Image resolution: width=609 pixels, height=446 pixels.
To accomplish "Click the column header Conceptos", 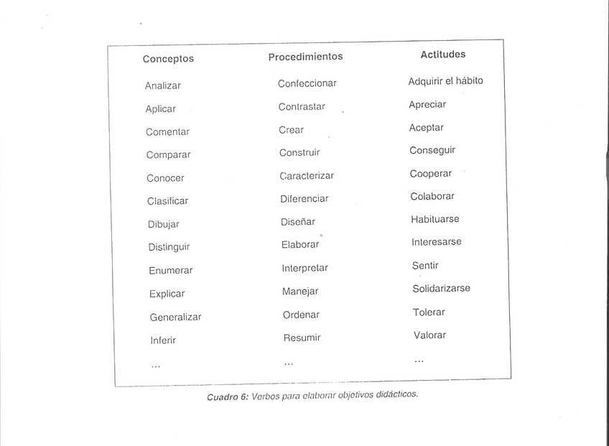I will click(x=168, y=59).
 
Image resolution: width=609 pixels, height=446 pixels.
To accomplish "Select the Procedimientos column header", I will click(x=305, y=56).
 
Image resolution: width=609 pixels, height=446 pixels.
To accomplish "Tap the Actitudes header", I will click(x=442, y=54).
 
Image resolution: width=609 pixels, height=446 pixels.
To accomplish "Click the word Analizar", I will click(x=162, y=85).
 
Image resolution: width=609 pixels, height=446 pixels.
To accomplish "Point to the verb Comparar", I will click(x=168, y=155).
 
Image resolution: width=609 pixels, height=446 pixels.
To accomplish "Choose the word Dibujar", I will click(x=163, y=224).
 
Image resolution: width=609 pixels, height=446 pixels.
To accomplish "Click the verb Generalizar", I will click(x=175, y=317).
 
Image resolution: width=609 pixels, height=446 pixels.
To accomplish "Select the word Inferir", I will click(x=162, y=340).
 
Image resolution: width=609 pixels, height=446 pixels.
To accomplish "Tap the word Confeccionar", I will click(x=307, y=83).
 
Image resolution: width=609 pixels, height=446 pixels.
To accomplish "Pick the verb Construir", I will click(x=299, y=152).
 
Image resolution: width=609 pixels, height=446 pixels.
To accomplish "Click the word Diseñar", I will click(x=297, y=222).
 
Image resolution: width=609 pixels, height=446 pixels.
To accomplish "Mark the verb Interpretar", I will click(x=304, y=268).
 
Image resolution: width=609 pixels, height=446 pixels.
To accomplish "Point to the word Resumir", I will click(x=302, y=338).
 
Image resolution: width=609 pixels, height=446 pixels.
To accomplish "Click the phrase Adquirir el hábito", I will click(x=445, y=81).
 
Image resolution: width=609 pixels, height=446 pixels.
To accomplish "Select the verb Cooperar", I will click(x=430, y=174).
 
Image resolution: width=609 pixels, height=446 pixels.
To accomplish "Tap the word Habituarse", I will click(x=434, y=219).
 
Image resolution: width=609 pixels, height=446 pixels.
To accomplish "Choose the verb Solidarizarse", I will click(x=441, y=289).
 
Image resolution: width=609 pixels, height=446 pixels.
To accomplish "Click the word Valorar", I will click(x=429, y=335).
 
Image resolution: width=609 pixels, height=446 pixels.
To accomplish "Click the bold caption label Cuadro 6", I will click(x=227, y=397).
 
